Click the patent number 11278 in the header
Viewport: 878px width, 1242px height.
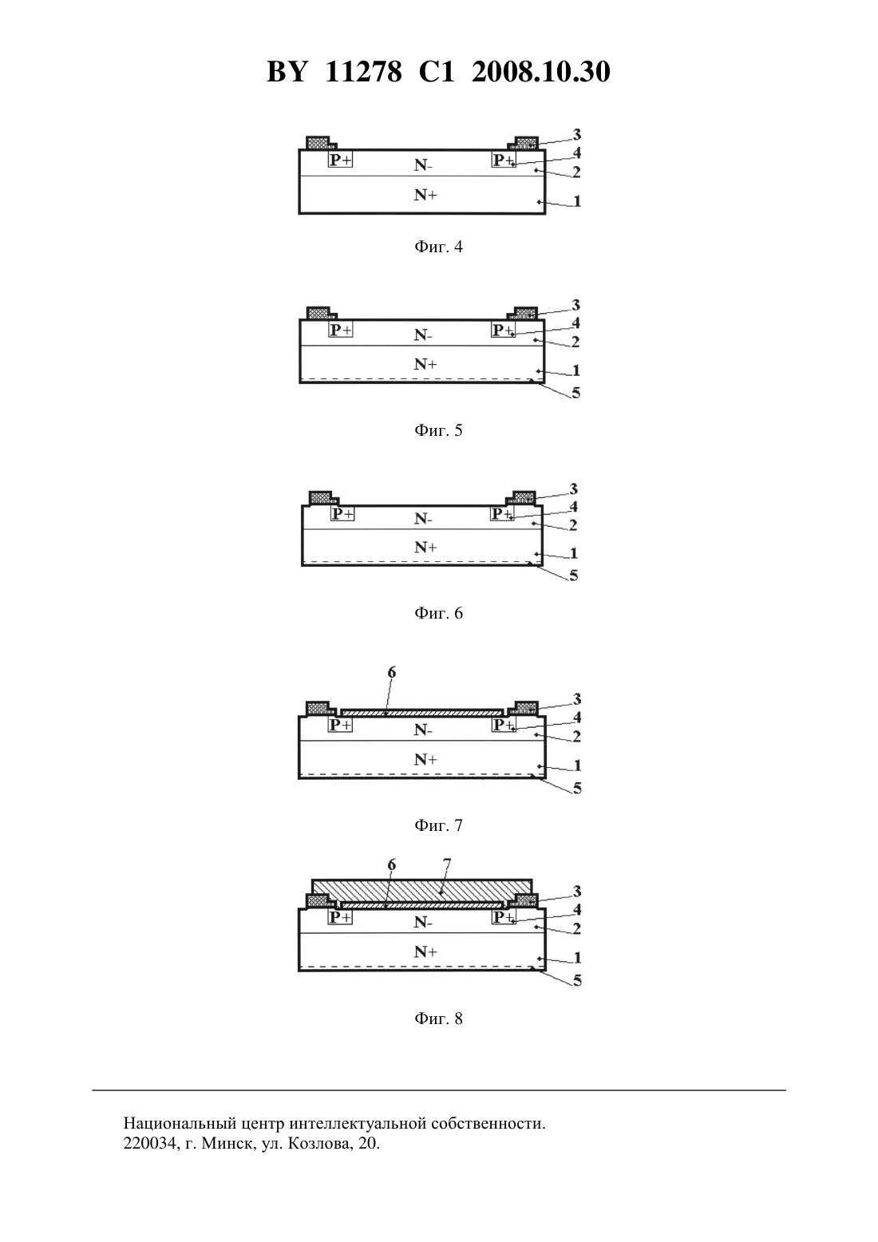click(x=363, y=72)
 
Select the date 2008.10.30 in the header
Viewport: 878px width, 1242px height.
click(x=541, y=72)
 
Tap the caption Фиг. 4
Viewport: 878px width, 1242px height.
click(x=438, y=247)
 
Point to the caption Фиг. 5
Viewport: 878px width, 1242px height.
click(x=438, y=430)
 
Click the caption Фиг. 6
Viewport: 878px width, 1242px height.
click(x=438, y=613)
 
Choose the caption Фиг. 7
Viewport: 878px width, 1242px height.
click(x=438, y=825)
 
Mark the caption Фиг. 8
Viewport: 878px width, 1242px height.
click(x=438, y=1019)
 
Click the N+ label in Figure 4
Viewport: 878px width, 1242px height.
click(x=425, y=195)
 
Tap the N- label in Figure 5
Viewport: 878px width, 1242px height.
click(x=424, y=335)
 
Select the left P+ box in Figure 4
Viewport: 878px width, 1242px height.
click(x=340, y=160)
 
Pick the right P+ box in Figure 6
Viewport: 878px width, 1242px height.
click(x=503, y=514)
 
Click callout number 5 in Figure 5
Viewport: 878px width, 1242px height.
click(x=576, y=394)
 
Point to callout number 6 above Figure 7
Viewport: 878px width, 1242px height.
click(x=392, y=673)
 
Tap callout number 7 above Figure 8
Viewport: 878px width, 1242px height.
click(x=447, y=864)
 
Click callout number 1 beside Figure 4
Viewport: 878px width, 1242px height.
click(x=577, y=201)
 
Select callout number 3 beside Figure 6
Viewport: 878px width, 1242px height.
click(x=574, y=489)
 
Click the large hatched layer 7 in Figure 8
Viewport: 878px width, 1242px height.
click(x=421, y=889)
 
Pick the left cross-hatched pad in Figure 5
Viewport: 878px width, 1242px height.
click(x=318, y=313)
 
